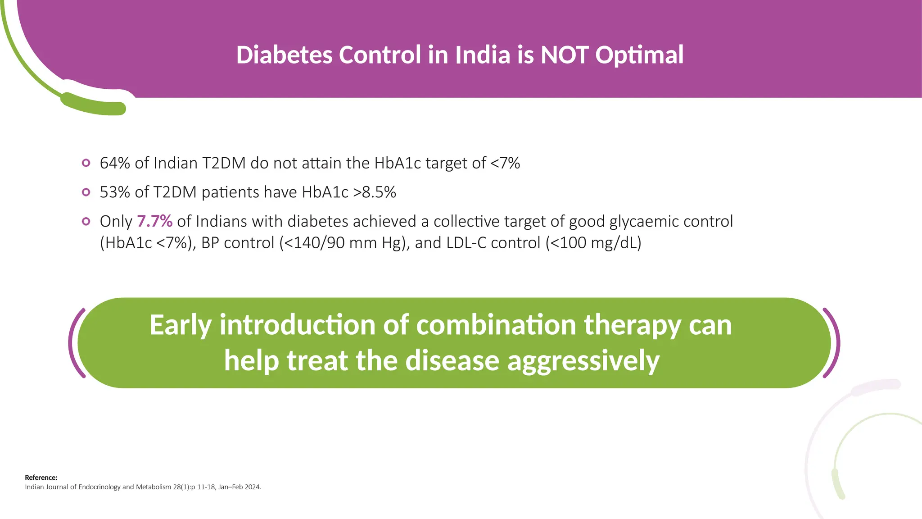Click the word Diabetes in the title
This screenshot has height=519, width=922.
[284, 55]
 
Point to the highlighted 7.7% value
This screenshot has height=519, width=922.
[154, 222]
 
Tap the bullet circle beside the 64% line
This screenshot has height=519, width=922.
[86, 163]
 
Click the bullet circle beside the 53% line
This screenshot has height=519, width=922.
[86, 192]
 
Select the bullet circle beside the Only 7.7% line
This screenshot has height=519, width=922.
[86, 221]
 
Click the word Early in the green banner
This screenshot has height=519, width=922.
[181, 325]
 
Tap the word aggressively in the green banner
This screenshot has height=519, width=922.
[583, 361]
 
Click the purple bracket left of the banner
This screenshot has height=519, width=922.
[74, 342]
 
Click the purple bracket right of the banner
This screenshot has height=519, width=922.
[834, 342]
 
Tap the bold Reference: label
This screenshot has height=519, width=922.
[41, 478]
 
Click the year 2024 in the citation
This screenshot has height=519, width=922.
[252, 487]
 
